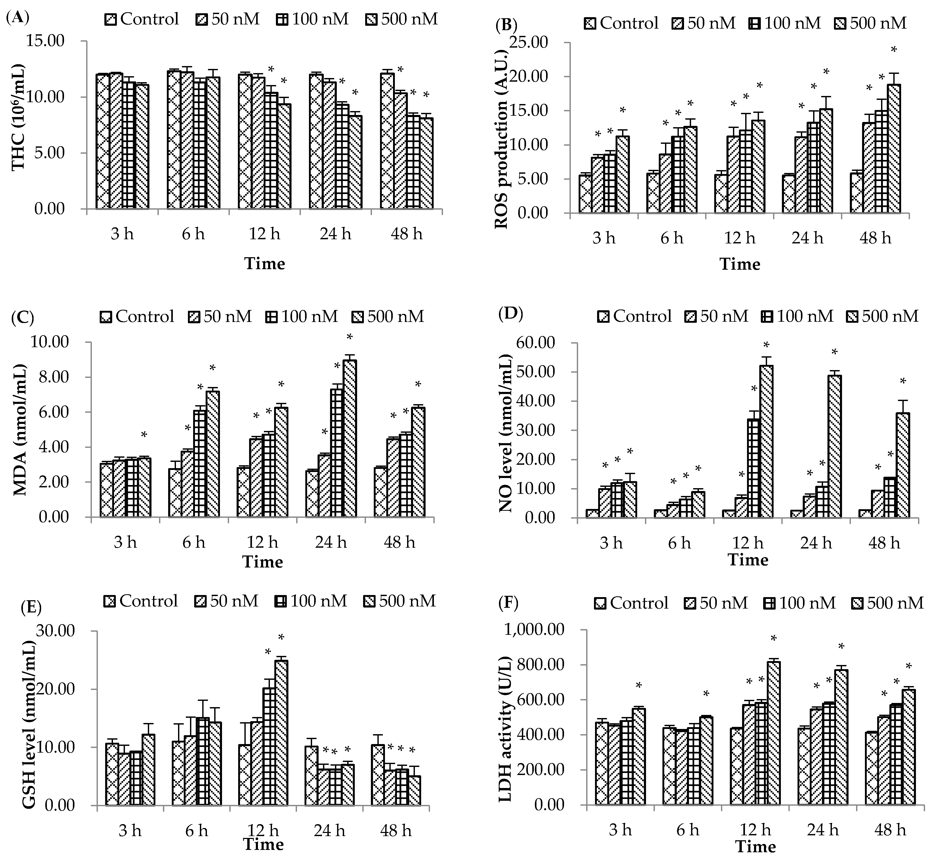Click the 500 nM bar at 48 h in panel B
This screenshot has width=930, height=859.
tap(894, 149)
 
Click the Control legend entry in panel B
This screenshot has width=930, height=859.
tap(621, 23)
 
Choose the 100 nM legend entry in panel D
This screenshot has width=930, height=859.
tap(797, 316)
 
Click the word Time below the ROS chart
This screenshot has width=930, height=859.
tap(740, 264)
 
